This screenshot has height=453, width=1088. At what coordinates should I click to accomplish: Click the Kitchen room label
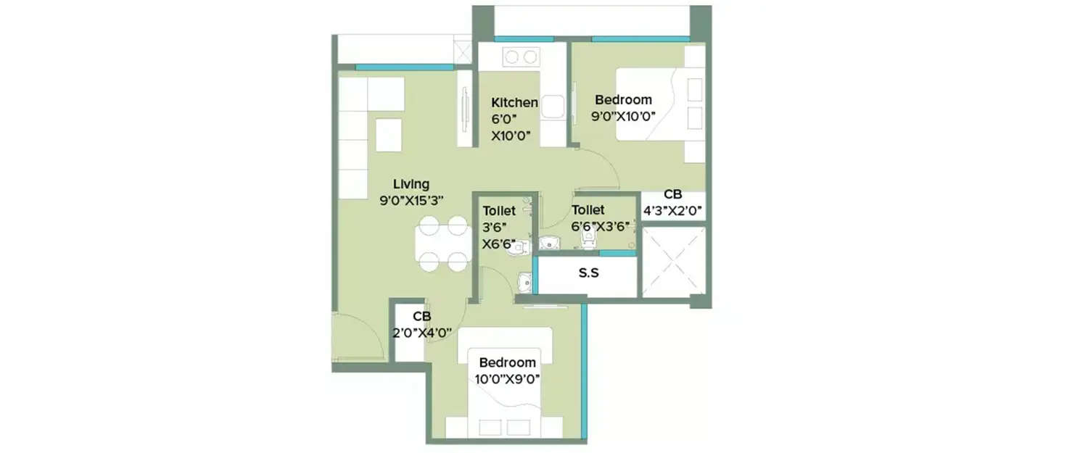[x=514, y=102]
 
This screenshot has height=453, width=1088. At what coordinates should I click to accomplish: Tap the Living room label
[x=411, y=183]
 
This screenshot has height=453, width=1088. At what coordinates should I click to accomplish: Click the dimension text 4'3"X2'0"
[x=672, y=212]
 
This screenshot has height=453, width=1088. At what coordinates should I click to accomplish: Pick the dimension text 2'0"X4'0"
[x=422, y=333]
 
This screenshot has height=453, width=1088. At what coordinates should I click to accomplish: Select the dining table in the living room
[x=442, y=243]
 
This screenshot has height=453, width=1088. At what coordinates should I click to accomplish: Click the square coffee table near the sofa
[x=389, y=135]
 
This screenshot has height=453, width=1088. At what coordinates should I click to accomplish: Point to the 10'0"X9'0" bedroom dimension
[x=508, y=378]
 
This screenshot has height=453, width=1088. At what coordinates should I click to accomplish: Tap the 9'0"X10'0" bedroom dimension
[x=623, y=115]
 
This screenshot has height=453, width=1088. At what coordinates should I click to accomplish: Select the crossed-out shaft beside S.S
[x=674, y=262]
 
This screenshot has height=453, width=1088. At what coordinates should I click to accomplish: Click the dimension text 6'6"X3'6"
[x=600, y=225]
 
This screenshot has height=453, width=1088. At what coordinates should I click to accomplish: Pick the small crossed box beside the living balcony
[x=462, y=51]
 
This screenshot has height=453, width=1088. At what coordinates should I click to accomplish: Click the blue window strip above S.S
[x=617, y=253]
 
